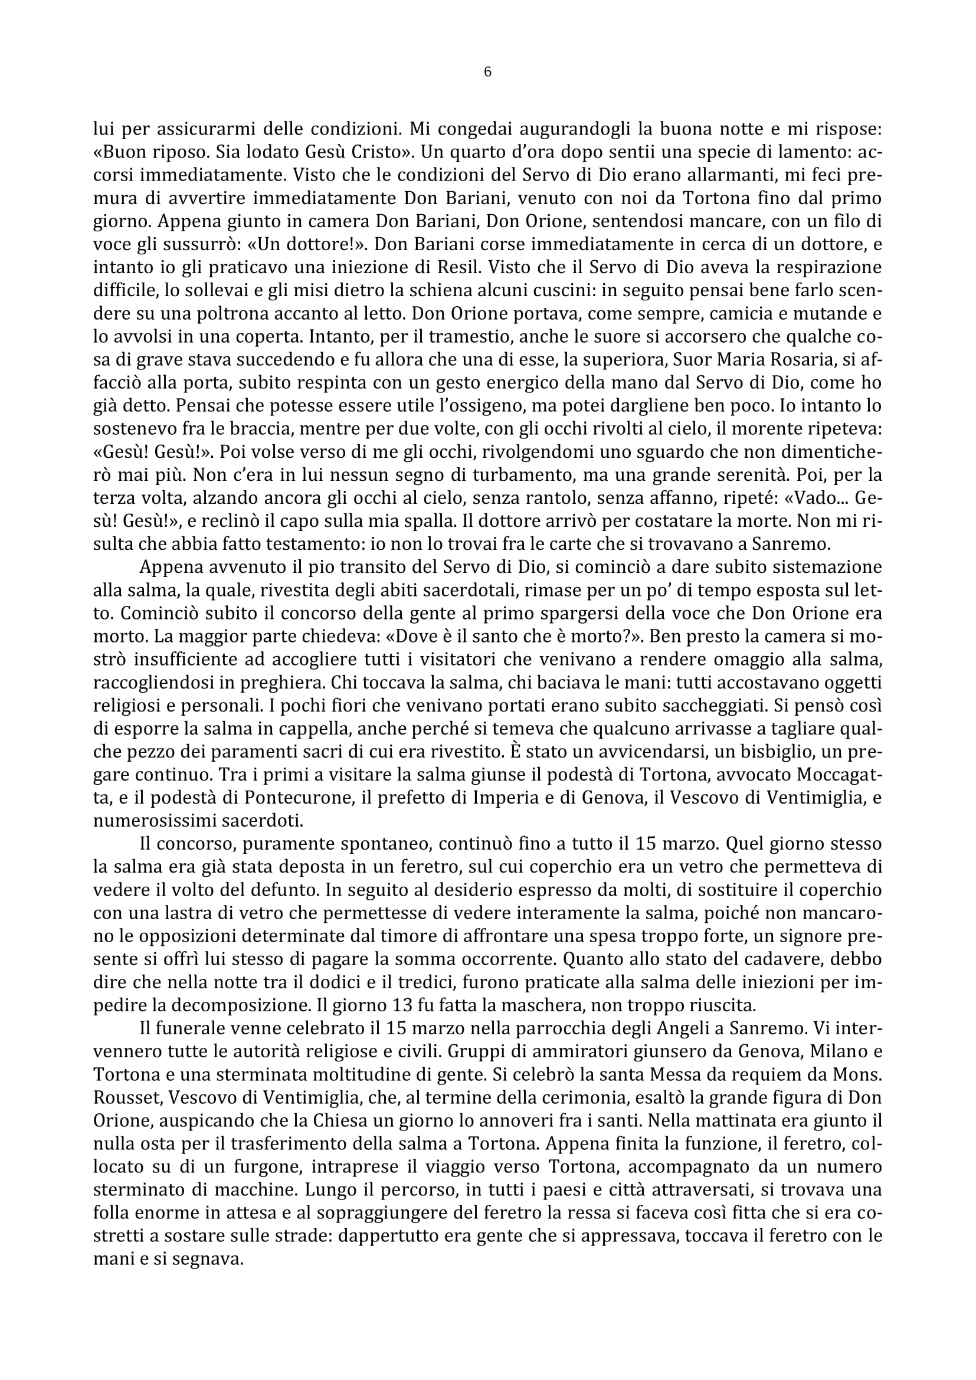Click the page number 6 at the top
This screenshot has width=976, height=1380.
pos(487,72)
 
